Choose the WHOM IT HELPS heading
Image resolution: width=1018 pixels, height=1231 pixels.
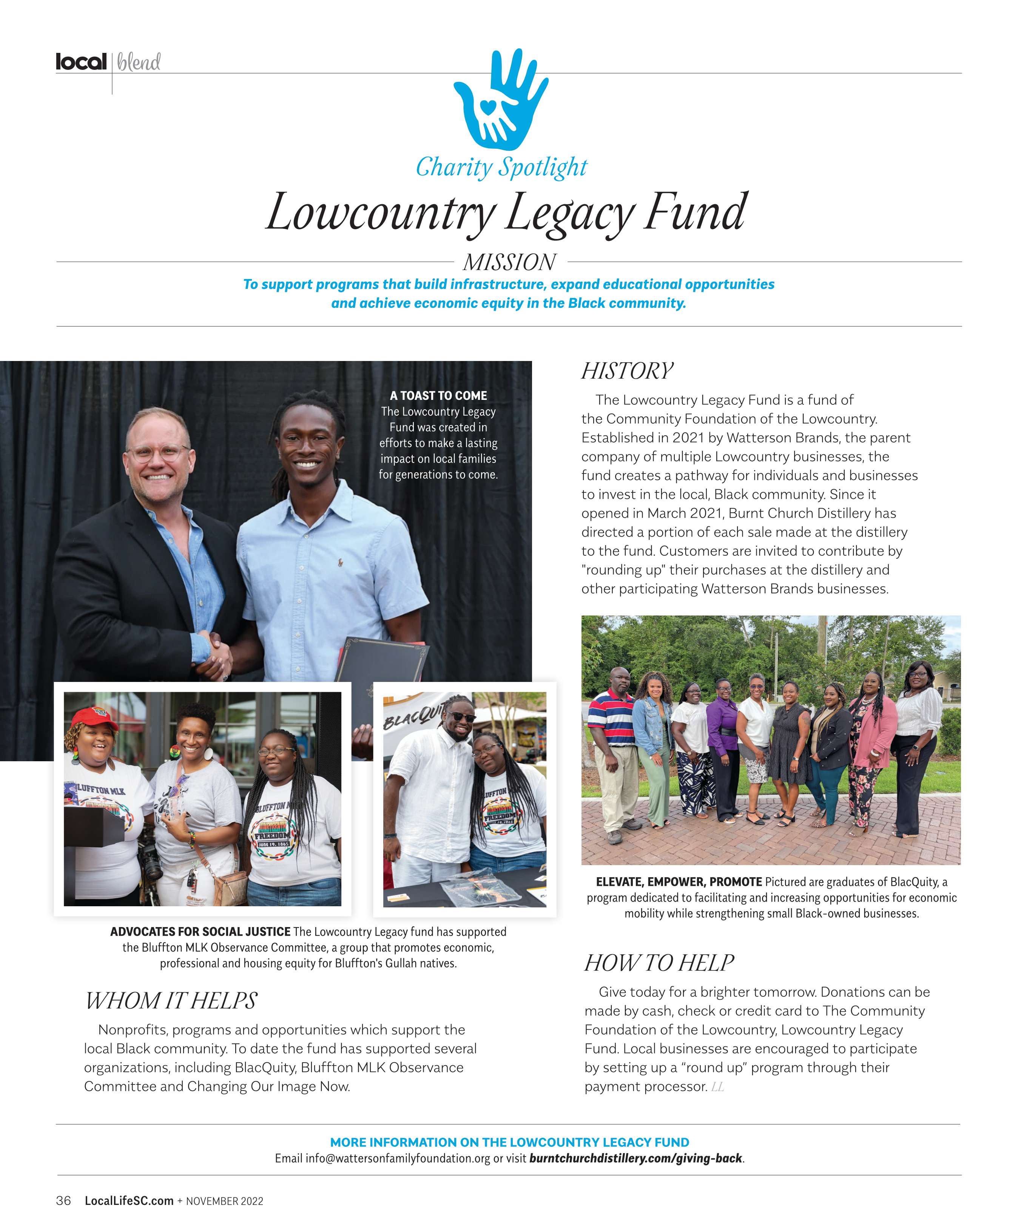click(x=171, y=1001)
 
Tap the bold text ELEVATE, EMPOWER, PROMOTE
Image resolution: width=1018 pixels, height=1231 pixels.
click(x=678, y=882)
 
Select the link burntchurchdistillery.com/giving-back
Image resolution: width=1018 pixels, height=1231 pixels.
click(x=635, y=1158)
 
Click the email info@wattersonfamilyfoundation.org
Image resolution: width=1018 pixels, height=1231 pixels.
click(x=397, y=1158)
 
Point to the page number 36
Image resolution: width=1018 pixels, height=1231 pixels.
click(x=63, y=1200)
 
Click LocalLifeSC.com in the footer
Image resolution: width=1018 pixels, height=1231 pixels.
click(x=129, y=1200)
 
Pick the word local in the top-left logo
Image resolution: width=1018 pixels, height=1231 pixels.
click(x=81, y=62)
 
